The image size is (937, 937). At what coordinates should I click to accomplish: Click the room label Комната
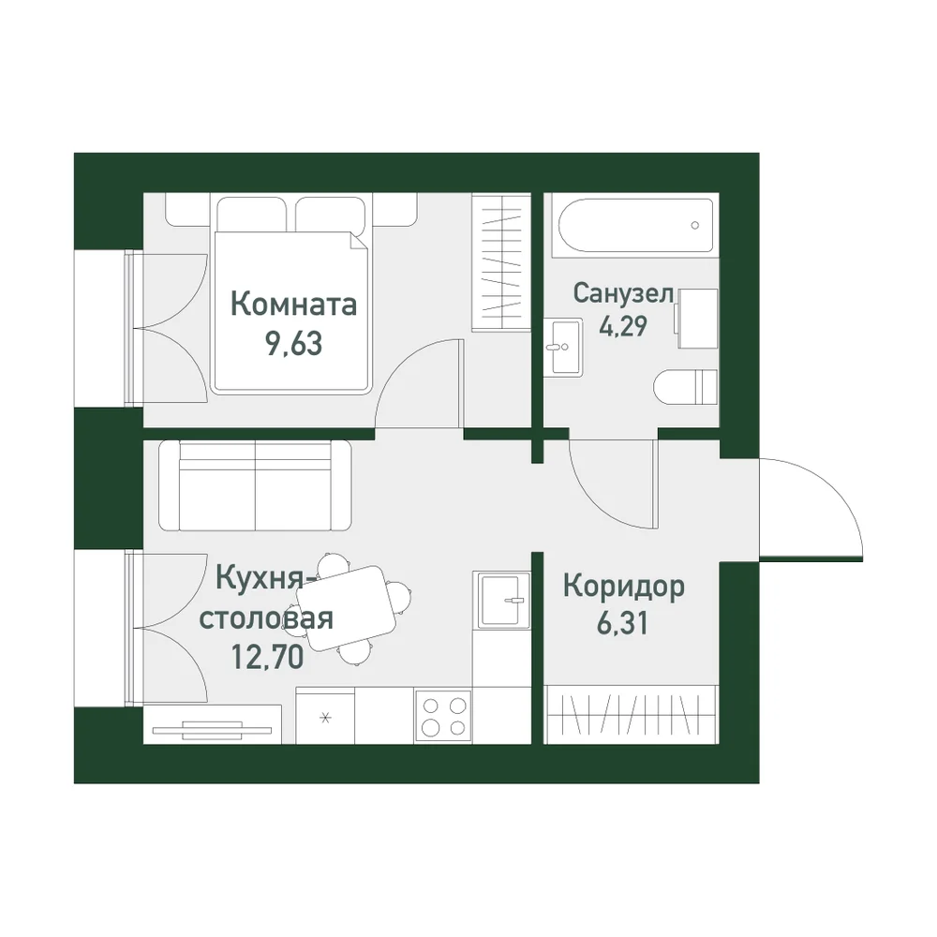click(293, 305)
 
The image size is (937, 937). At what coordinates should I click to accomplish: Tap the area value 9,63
click(293, 343)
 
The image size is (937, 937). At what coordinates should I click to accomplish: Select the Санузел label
click(623, 292)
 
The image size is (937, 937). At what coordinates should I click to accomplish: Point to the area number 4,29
click(623, 326)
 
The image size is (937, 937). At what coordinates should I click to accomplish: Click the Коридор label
click(623, 587)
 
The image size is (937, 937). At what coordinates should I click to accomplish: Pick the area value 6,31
click(622, 623)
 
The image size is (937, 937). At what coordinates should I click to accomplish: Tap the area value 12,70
click(267, 658)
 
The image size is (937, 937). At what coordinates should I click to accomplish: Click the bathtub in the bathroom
click(635, 225)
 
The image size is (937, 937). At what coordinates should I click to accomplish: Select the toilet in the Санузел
click(686, 387)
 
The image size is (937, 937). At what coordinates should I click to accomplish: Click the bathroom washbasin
click(562, 347)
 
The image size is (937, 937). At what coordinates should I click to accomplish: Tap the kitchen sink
click(501, 600)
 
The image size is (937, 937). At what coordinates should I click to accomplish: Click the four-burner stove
click(443, 717)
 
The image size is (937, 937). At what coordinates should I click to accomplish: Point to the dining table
click(347, 608)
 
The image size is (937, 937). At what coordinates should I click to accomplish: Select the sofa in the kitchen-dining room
click(255, 485)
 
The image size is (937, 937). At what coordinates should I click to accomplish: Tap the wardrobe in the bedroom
click(500, 261)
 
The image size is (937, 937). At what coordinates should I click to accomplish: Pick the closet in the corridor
click(631, 714)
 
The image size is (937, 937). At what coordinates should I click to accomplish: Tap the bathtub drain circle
click(695, 225)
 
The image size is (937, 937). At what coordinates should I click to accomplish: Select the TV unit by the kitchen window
click(213, 725)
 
